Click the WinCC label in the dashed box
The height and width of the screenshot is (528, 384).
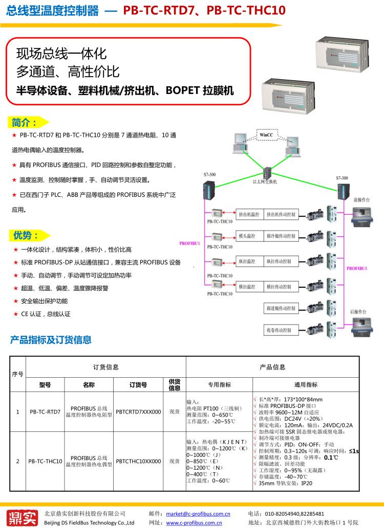(267, 135)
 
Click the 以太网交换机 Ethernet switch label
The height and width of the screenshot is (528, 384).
(265, 181)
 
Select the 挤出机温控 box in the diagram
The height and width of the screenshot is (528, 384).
(247, 215)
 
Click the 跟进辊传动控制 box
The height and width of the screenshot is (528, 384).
(281, 309)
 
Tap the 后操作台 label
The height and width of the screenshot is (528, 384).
(358, 311)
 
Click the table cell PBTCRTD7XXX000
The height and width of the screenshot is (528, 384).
(138, 412)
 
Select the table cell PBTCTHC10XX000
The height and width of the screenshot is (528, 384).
(138, 461)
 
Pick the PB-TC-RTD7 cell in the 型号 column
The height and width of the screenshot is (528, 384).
(45, 412)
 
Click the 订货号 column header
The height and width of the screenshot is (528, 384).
(138, 385)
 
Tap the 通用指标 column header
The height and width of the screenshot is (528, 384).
(306, 385)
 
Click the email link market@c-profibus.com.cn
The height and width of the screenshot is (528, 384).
(198, 514)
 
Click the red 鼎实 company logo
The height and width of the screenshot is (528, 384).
(21, 518)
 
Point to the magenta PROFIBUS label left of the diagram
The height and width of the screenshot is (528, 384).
(189, 243)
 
